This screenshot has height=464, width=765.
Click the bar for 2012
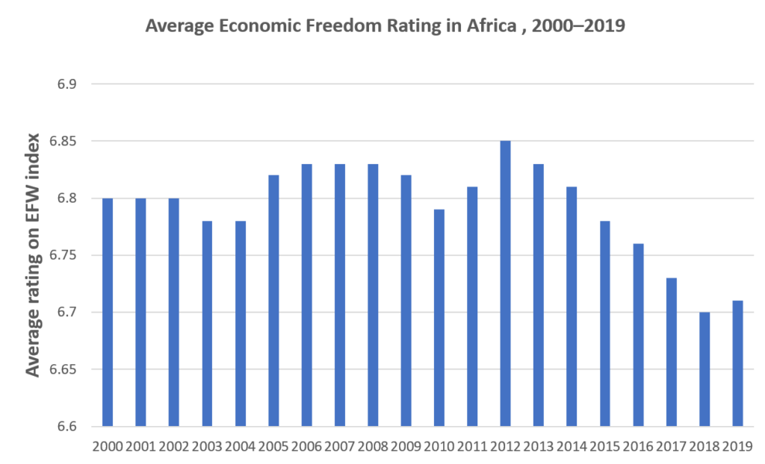(x=505, y=283)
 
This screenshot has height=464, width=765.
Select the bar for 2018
(x=704, y=369)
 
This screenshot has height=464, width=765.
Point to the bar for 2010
(x=439, y=318)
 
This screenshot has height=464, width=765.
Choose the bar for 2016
(x=638, y=335)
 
